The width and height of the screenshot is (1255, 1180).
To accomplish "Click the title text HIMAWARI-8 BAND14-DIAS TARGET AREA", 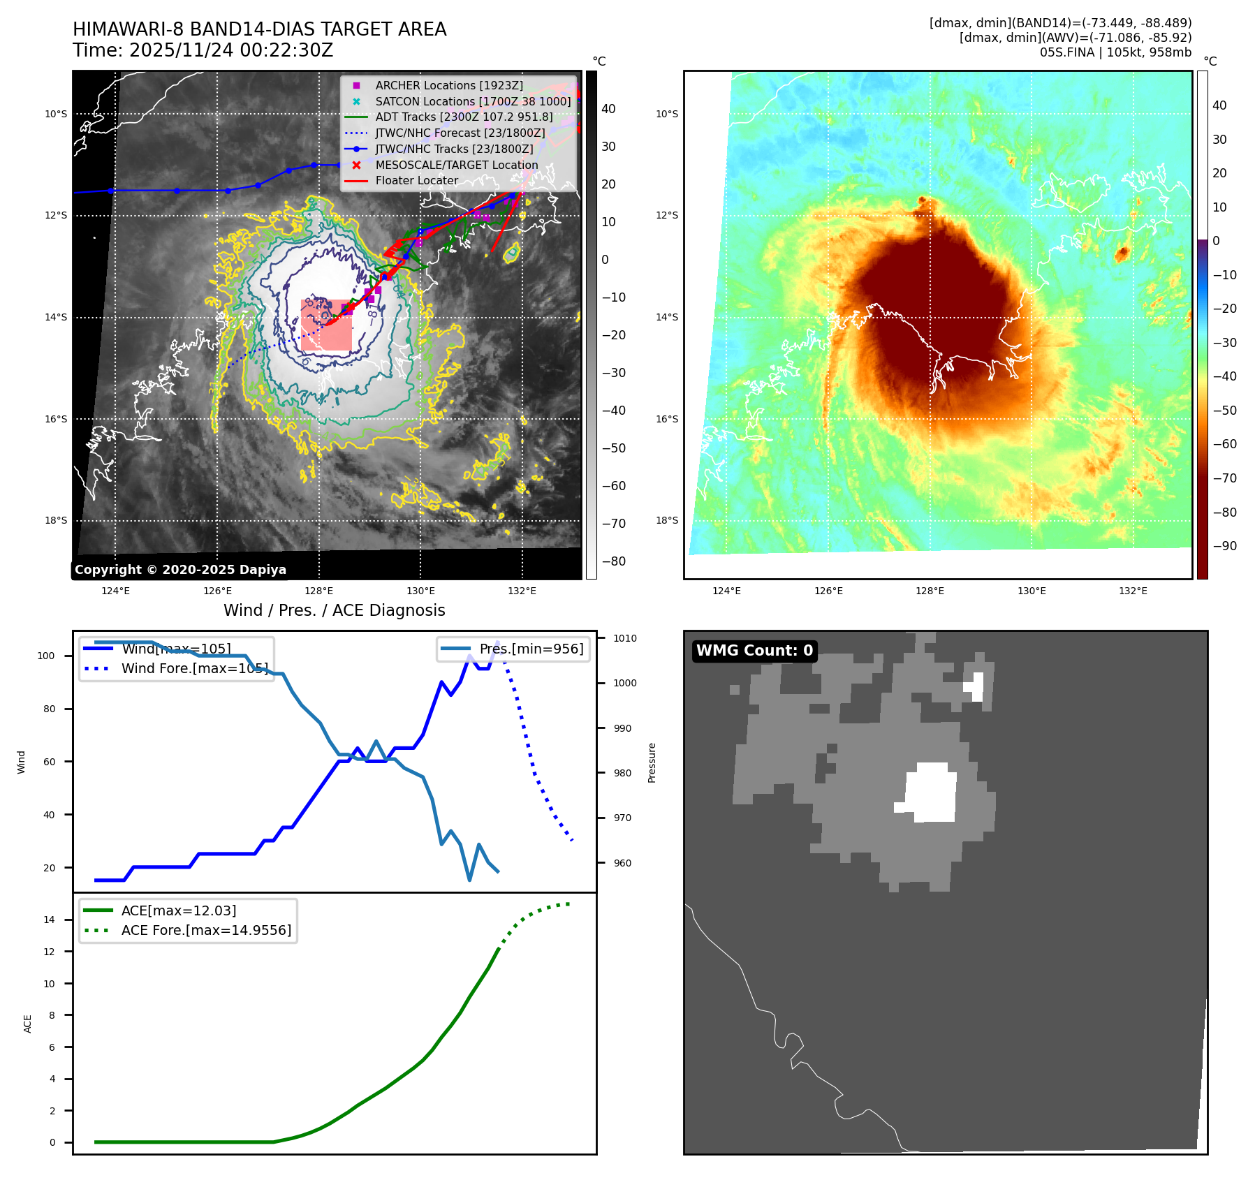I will pos(259,29).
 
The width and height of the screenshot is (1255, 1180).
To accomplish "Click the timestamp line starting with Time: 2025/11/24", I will pos(203,51).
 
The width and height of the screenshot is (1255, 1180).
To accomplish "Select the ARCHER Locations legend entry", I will pos(448,85).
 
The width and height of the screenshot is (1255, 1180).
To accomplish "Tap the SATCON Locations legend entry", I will pos(473,101).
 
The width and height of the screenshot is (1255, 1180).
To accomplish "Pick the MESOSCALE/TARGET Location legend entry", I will pos(456,165).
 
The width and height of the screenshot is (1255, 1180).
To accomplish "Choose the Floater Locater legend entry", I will pos(416,181).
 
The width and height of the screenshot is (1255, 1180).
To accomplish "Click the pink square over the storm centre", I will pos(326,325).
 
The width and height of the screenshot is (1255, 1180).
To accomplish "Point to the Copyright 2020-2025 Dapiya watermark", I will pos(180,570).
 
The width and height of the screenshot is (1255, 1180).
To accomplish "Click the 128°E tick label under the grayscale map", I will pos(319,591).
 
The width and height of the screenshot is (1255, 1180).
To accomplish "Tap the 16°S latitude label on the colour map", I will pos(666,419).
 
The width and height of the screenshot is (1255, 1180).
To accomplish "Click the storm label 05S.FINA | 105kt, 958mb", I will pos(1115,52).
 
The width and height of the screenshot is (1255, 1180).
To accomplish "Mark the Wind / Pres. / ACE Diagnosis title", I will pos(334,610).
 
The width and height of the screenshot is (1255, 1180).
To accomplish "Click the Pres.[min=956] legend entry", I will pos(531,649).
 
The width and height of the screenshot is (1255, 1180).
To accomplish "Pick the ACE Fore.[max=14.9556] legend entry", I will pos(206,930).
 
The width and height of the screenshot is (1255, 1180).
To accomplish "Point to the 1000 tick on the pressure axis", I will pos(624,683).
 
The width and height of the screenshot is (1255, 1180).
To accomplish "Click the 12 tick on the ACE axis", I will pos(50,952).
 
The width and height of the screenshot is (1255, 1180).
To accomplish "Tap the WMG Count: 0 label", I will pos(754,651).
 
